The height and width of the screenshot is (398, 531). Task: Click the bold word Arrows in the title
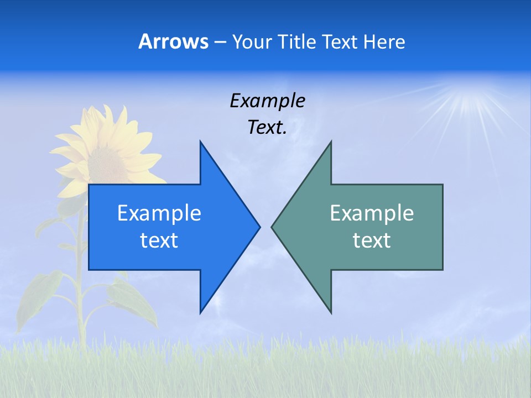(173, 42)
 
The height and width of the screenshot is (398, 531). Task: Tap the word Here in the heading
(384, 42)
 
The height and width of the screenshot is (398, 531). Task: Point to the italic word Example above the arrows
(267, 101)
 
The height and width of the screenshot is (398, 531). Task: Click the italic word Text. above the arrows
(267, 128)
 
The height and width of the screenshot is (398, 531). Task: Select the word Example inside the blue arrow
(159, 213)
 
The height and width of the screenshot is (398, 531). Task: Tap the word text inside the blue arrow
(159, 240)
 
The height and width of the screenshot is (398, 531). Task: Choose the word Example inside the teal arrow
(372, 213)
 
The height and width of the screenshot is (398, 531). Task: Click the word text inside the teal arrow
(372, 240)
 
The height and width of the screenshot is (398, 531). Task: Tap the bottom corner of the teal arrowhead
(331, 312)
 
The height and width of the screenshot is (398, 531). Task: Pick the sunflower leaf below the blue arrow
(133, 301)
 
